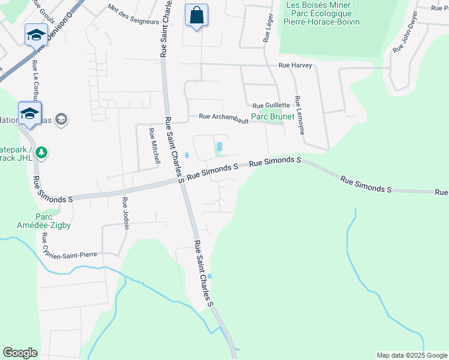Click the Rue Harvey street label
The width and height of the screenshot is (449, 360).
pos(295,65)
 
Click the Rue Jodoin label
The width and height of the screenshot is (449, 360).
pos(126,209)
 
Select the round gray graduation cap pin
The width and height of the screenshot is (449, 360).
pos(61,120)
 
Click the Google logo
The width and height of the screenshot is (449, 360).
pos(20,353)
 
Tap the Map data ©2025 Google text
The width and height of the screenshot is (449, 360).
pos(411,355)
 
